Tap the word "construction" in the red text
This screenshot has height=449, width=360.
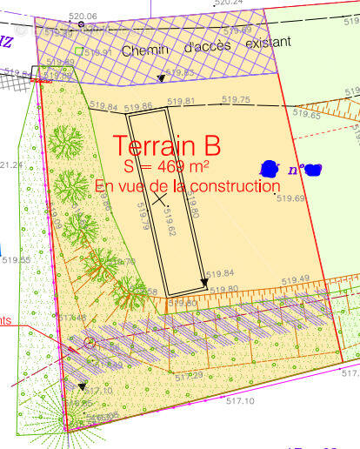[x=232, y=185]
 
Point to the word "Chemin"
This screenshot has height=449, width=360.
[x=144, y=50]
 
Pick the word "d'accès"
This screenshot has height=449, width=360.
[x=202, y=47]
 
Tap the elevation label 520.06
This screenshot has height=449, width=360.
[x=82, y=17]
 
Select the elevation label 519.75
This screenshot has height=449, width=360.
[x=235, y=100]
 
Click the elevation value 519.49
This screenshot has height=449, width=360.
[x=295, y=278]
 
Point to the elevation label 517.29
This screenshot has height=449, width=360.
[x=189, y=375]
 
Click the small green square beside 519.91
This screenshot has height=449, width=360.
[x=79, y=51]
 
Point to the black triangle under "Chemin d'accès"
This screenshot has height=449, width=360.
[x=161, y=78]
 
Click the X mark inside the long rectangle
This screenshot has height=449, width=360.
[x=159, y=198]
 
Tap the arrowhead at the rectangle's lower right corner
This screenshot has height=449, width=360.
[x=204, y=282]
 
